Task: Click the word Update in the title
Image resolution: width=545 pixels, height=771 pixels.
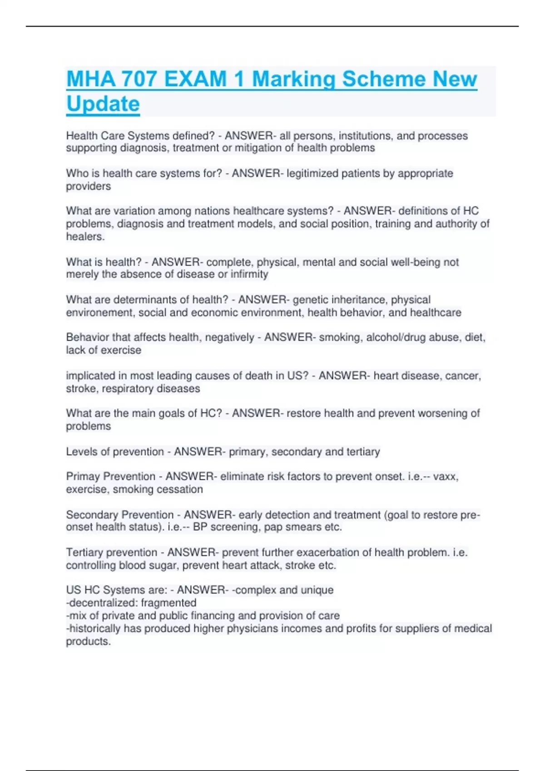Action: pos(103,104)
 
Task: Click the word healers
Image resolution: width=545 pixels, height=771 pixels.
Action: pos(85,236)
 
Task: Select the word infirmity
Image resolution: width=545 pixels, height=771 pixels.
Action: pos(249,274)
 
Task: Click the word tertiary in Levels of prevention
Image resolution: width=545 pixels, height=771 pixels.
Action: pos(363,452)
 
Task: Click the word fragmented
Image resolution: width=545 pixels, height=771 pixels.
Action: pos(168,603)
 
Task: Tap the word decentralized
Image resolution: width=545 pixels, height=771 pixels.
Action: pos(102,603)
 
